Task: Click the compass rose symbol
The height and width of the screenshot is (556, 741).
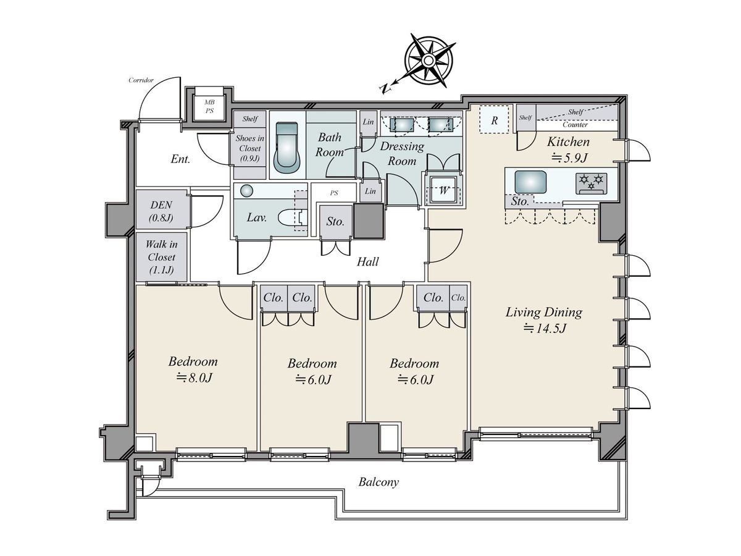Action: [x=428, y=61]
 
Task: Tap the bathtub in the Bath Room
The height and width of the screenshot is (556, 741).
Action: [x=287, y=148]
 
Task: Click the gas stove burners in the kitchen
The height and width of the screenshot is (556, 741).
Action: [x=591, y=183]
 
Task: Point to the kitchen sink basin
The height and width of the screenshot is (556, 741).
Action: [x=530, y=182]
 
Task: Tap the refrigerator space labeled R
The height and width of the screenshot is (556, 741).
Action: [x=494, y=120]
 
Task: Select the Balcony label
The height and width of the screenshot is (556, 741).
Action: [x=379, y=482]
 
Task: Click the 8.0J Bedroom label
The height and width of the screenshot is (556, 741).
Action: [x=193, y=369]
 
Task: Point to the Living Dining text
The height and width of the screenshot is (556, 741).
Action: [x=543, y=312]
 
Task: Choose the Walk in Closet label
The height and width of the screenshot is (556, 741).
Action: [x=161, y=257]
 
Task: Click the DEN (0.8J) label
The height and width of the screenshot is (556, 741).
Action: [x=161, y=211]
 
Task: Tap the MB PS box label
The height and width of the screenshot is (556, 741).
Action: [x=209, y=106]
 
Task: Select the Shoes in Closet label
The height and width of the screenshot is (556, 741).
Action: [x=250, y=148]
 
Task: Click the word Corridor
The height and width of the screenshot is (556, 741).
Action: [x=141, y=80]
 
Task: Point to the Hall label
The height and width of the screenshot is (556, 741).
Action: [x=367, y=261]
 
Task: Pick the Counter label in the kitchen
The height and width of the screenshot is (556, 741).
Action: [x=575, y=125]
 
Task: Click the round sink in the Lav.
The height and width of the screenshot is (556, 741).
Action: [x=246, y=191]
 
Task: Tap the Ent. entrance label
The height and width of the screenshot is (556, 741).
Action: [x=180, y=159]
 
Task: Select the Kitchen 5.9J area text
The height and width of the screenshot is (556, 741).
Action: [x=569, y=149]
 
